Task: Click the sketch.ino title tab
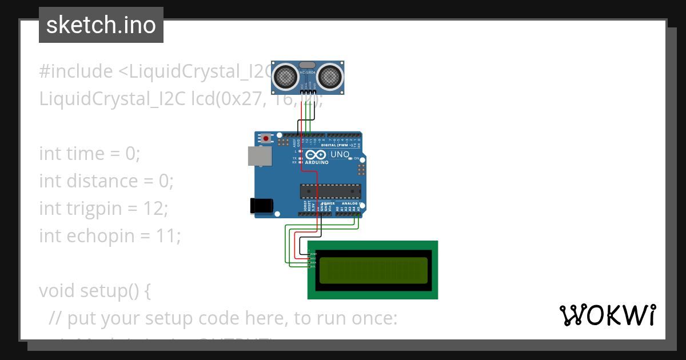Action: (x=101, y=25)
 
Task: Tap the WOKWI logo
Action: (x=607, y=315)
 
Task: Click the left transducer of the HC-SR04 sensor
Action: (x=285, y=76)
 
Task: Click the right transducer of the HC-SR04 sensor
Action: (x=329, y=76)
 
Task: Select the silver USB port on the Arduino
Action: (x=260, y=156)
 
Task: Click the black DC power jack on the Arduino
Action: (x=262, y=206)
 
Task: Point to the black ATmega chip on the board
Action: (x=330, y=192)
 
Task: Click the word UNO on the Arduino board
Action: (x=341, y=154)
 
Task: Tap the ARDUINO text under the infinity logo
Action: (x=317, y=163)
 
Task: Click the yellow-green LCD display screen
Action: (x=373, y=270)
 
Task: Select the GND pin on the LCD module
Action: (x=311, y=254)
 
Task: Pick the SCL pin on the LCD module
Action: (x=311, y=267)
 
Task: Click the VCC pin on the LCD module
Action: (x=311, y=258)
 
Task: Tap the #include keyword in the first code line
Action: (x=76, y=72)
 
